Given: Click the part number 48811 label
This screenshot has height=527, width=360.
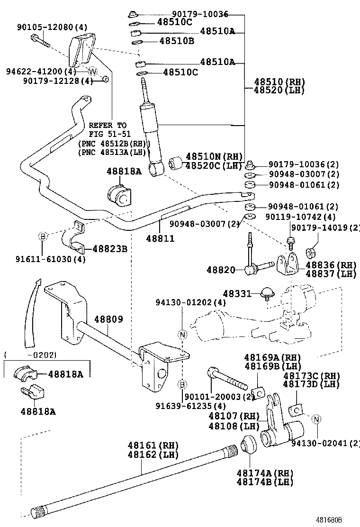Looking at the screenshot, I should (160, 239).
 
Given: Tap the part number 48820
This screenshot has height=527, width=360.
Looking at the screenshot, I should (221, 270).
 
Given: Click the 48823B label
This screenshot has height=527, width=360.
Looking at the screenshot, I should (109, 248).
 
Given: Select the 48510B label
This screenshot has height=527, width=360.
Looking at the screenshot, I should (177, 41).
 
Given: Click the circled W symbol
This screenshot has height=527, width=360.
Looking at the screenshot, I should (93, 72).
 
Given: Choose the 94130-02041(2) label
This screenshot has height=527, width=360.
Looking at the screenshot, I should (325, 443).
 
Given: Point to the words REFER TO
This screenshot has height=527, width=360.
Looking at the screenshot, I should (108, 126).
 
